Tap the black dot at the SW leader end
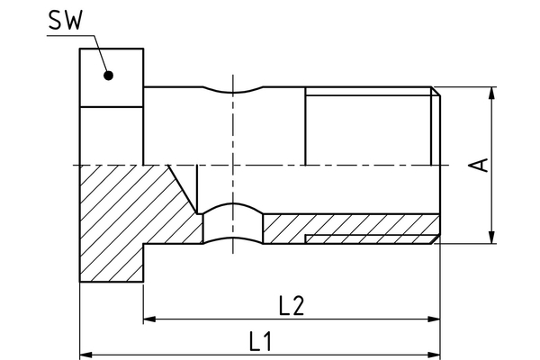(x=108, y=76)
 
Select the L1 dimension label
(x=262, y=341)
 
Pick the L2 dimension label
(x=290, y=306)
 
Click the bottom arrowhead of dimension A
(x=492, y=238)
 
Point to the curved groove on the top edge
(x=233, y=92)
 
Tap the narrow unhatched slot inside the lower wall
(x=369, y=238)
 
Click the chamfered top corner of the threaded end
(x=436, y=90)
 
